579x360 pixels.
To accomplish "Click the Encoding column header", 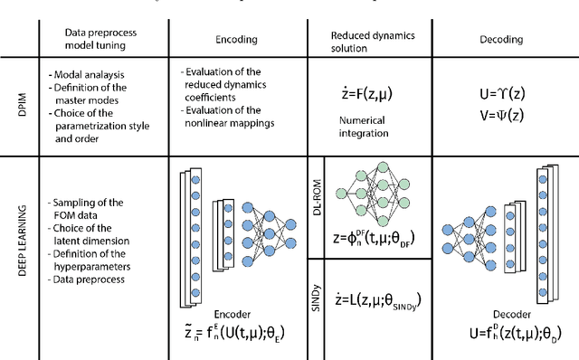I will tap(238, 40).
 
